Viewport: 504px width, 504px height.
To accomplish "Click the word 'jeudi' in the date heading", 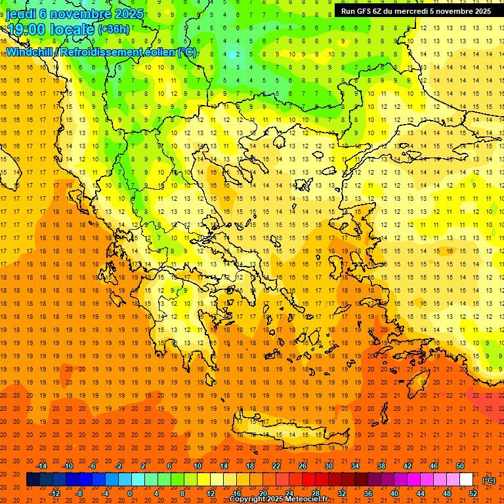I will pos(20,13).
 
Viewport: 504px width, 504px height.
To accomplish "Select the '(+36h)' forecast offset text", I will pos(114,30).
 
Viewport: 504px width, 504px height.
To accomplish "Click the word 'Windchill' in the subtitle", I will pos(30,52).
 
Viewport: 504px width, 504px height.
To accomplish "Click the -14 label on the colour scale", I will pos(43,466).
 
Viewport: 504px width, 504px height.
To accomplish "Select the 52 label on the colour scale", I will pos(473,493).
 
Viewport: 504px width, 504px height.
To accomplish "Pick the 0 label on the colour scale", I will pos(130,493).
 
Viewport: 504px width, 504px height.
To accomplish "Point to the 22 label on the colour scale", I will pos(276,466).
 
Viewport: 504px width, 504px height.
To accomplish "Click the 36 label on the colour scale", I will pos(368,493).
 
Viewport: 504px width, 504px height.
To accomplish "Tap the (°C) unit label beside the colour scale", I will pos(489,480).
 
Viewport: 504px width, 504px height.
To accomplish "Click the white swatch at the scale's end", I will pos(466,480).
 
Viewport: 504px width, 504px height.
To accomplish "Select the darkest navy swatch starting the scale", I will pos(33,480).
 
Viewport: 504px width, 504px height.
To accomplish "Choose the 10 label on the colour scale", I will pos(198,466).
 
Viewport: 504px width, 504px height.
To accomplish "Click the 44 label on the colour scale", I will pos(421,493).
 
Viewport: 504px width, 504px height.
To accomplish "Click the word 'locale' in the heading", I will pos(70,30).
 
